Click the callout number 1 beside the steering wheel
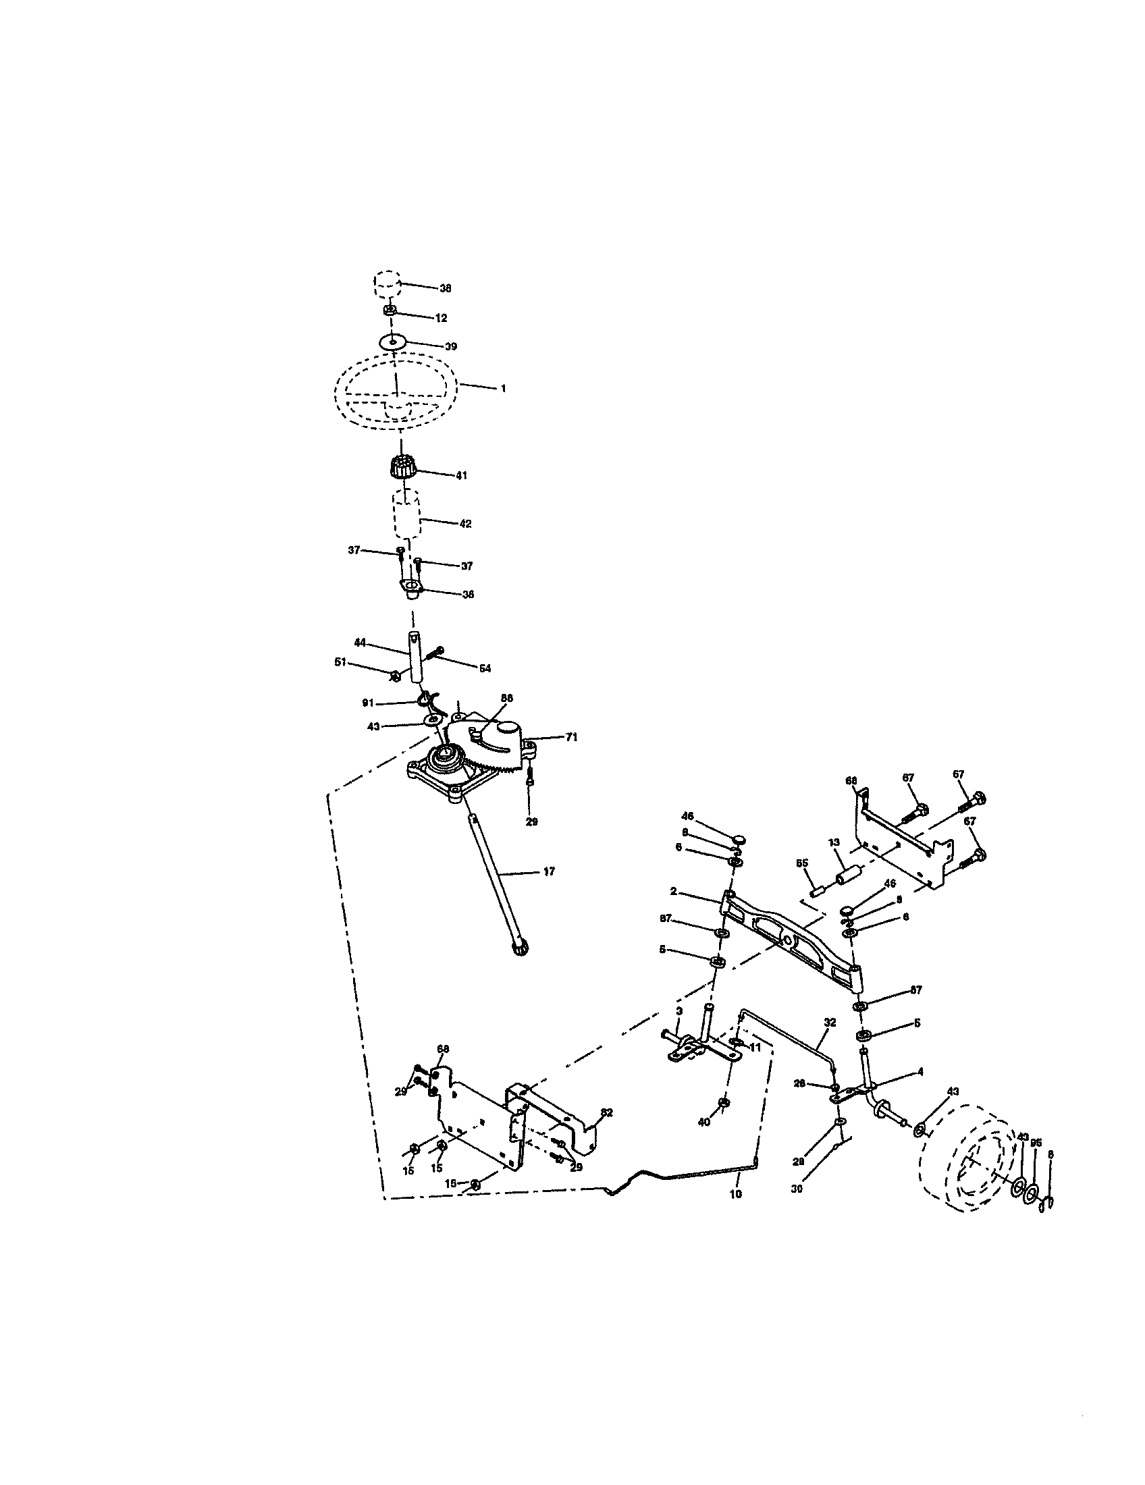point(502,388)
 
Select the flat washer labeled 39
point(392,340)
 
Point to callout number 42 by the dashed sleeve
point(465,524)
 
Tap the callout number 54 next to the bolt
point(484,668)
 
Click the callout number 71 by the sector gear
point(571,736)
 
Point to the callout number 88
point(506,698)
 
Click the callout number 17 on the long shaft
point(550,871)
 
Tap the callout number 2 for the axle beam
point(672,891)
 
